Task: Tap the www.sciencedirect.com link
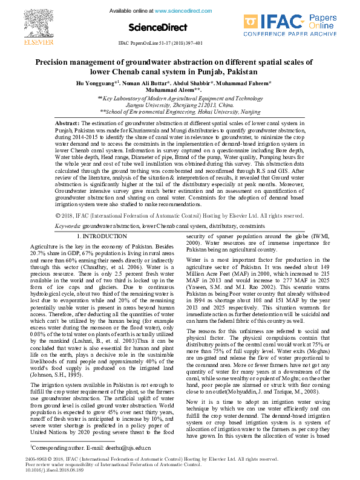(x=185, y=11)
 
